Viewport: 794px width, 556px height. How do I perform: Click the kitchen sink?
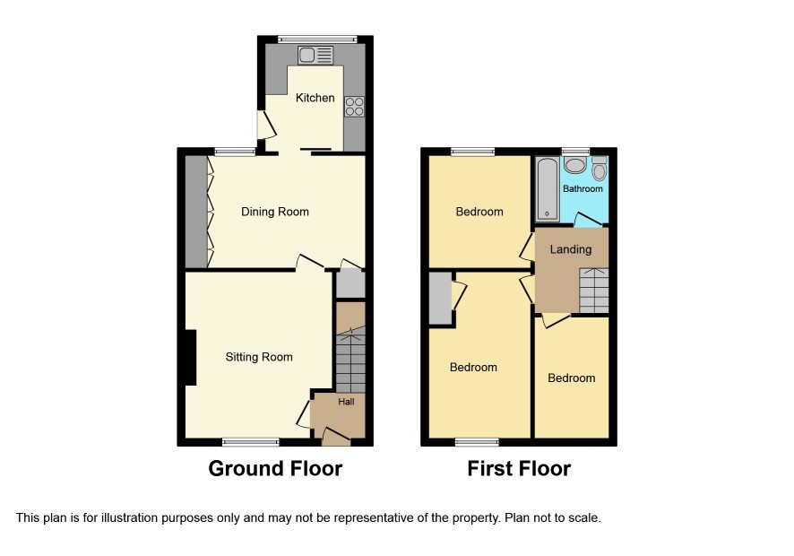315,56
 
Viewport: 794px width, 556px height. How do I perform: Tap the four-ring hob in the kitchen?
354,107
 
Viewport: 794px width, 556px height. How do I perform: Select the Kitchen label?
315,98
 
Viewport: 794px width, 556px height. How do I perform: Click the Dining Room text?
275,212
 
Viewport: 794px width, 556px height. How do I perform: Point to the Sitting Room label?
259,357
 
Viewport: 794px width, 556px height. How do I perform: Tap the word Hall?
346,402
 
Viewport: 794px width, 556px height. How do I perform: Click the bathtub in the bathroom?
548,189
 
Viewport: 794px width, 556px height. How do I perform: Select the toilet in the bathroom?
599,169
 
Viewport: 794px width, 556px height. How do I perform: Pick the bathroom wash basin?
574,165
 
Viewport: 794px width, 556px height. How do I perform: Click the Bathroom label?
583,188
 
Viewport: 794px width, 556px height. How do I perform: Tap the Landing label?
571,249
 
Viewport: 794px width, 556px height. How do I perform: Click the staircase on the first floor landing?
594,291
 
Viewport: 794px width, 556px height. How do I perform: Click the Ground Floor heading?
275,468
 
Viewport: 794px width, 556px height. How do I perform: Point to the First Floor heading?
519,468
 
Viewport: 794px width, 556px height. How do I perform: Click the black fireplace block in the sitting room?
190,357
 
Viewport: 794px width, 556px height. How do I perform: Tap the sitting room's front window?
251,442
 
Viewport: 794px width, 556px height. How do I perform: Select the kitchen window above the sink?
317,39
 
